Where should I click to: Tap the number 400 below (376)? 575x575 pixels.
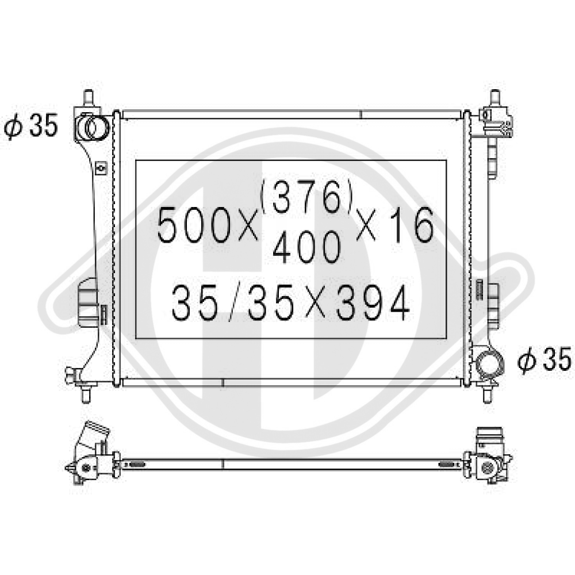click(x=307, y=247)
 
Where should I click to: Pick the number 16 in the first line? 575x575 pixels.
click(x=412, y=224)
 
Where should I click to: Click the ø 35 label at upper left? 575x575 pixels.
click(x=31, y=126)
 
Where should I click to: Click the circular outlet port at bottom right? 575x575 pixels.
click(x=489, y=364)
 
